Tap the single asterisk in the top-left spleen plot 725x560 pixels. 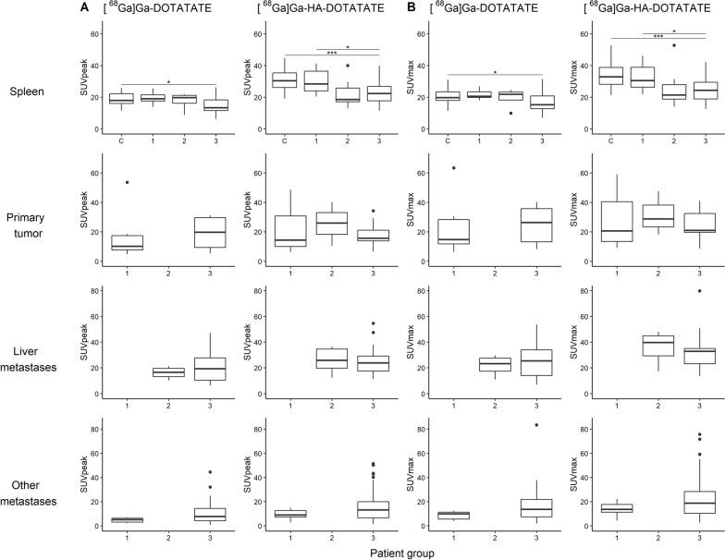(168, 81)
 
